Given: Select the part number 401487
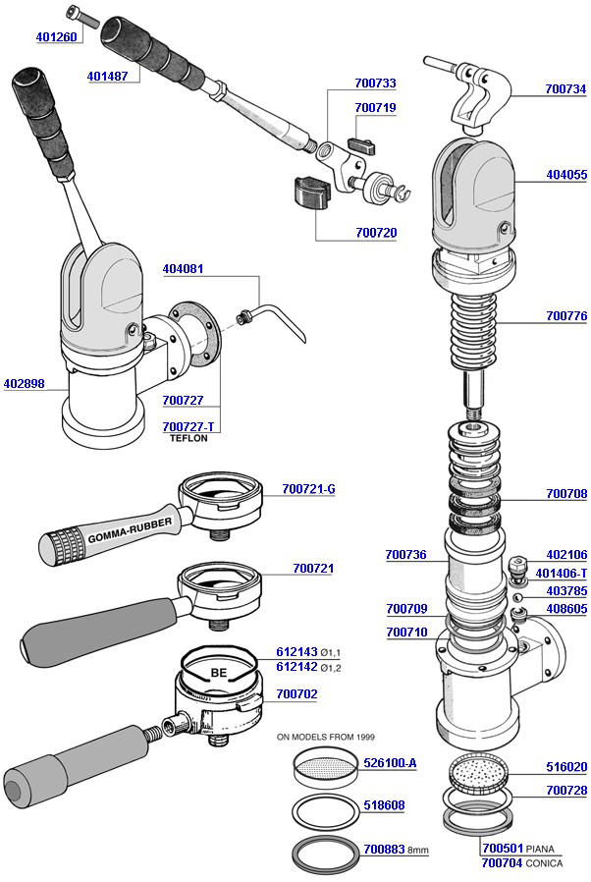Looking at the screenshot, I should tap(107, 76).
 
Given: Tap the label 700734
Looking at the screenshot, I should tap(565, 89).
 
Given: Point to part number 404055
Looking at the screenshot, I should tap(566, 175).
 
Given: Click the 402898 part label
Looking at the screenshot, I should tap(24, 384).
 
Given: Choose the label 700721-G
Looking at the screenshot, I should tap(308, 488).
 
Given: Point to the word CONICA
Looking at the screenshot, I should tap(545, 863).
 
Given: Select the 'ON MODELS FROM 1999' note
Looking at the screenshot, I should tap(326, 736).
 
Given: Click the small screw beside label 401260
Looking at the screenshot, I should tap(79, 15).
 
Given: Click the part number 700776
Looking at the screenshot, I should tap(566, 316).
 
